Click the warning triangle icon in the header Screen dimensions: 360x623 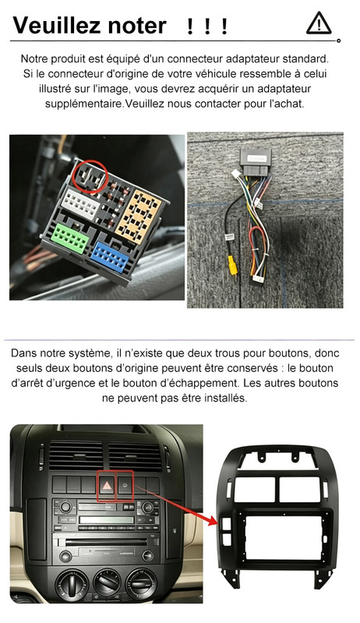pyautogui.click(x=319, y=23)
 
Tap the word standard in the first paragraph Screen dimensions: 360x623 pyautogui.click(x=305, y=59)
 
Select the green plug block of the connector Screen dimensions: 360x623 pyautogui.click(x=71, y=239)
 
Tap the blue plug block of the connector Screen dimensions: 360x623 pyautogui.click(x=111, y=257)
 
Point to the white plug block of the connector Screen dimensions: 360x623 pyautogui.click(x=82, y=204)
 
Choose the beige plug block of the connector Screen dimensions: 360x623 pyautogui.click(x=139, y=217)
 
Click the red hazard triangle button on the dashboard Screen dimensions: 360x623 pyautogui.click(x=107, y=486)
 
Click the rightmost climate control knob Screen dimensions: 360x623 pyautogui.click(x=141, y=583)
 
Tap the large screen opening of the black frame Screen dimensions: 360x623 pyautogui.click(x=284, y=537)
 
